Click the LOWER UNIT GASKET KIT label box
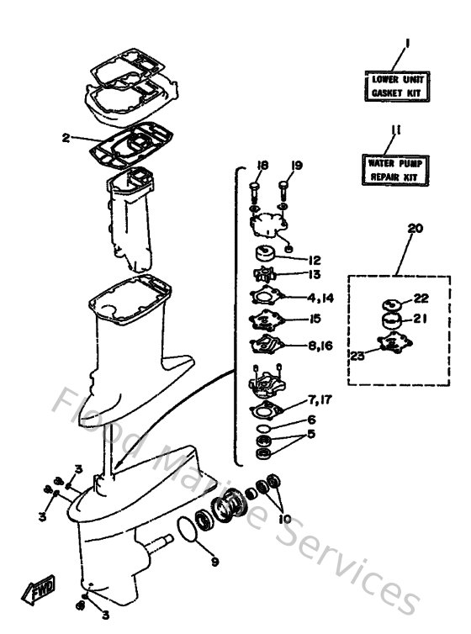pyautogui.click(x=394, y=86)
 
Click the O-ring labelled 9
pyautogui.click(x=190, y=531)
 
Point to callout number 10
pyautogui.click(x=283, y=519)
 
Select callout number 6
pyautogui.click(x=312, y=420)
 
